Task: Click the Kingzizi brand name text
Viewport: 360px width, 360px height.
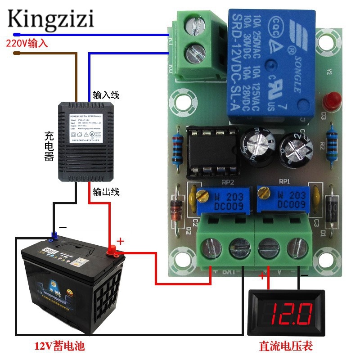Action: click(x=50, y=19)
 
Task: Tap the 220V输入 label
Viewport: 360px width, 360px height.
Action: click(x=27, y=44)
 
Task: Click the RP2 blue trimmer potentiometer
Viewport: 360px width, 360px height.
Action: click(x=220, y=198)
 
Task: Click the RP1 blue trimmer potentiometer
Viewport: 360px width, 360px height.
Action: click(x=284, y=198)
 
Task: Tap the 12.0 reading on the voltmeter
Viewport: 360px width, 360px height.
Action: click(x=292, y=312)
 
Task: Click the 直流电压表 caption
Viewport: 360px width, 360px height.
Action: click(x=285, y=346)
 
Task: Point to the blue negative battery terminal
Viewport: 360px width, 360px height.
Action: click(x=54, y=235)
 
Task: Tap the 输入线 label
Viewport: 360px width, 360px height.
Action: click(x=106, y=95)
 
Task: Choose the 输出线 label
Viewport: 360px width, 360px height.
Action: click(x=106, y=192)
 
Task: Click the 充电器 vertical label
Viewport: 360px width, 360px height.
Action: click(x=49, y=146)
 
